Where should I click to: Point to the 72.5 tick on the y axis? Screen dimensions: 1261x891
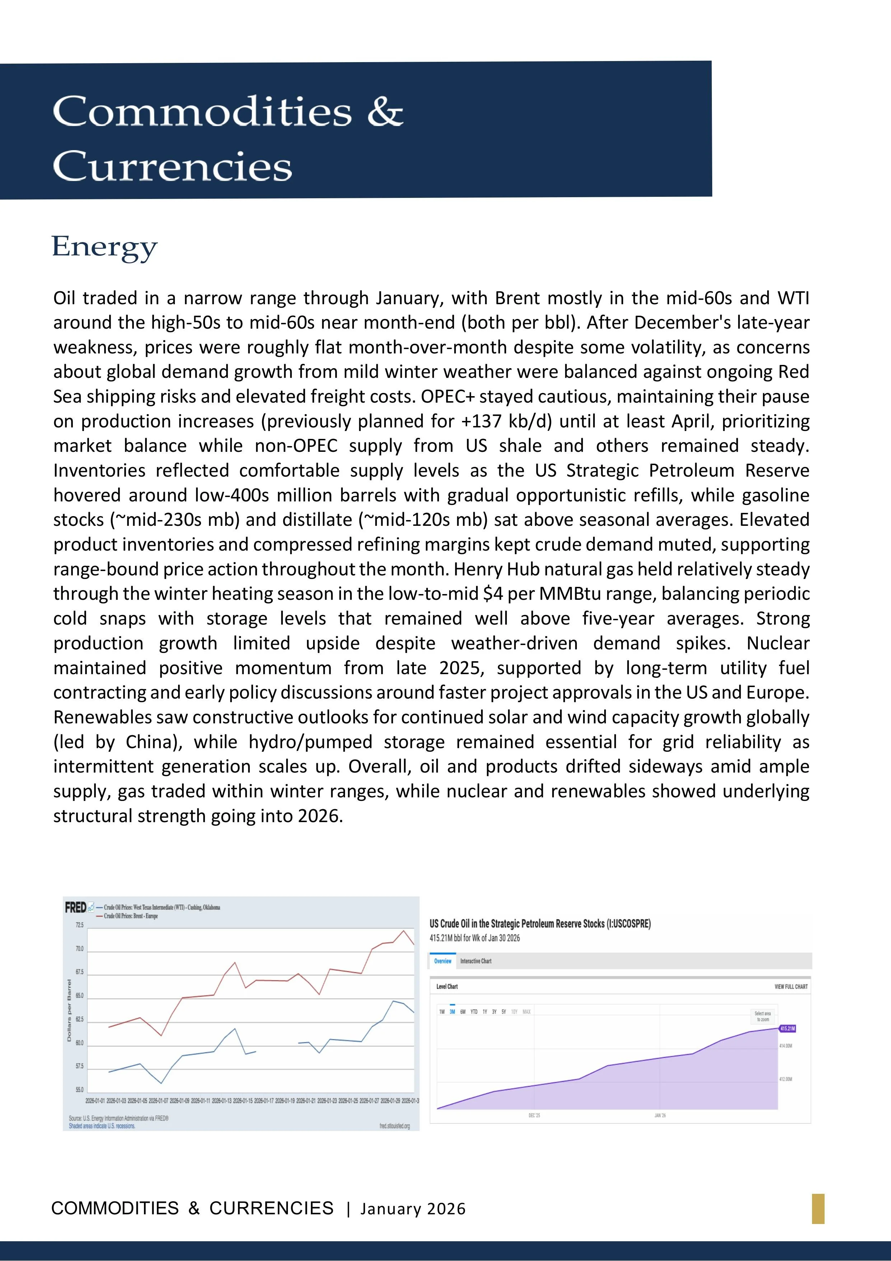[80, 926]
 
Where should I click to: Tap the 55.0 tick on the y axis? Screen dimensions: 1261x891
[80, 1090]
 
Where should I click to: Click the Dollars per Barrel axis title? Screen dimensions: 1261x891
[69, 1011]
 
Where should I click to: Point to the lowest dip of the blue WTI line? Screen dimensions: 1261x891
[161, 1083]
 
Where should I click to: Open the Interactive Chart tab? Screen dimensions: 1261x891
[475, 961]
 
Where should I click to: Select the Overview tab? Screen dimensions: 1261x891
[443, 961]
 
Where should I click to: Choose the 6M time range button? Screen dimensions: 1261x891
[463, 1012]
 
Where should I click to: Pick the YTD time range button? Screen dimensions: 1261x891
[474, 1012]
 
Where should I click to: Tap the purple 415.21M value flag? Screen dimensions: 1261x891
[787, 1028]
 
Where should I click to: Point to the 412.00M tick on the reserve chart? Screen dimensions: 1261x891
[785, 1079]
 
